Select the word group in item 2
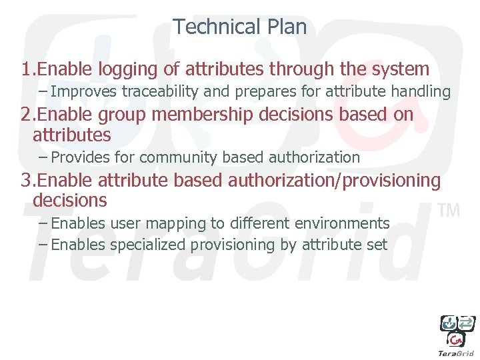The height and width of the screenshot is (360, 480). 124,115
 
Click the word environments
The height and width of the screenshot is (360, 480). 345,223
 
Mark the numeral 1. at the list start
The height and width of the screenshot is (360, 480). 27,69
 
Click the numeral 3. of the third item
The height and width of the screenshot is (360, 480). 27,181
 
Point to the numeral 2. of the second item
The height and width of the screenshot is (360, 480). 27,115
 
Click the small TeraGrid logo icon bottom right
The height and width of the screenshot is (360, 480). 457,333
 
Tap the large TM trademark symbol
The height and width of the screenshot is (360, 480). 449,211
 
